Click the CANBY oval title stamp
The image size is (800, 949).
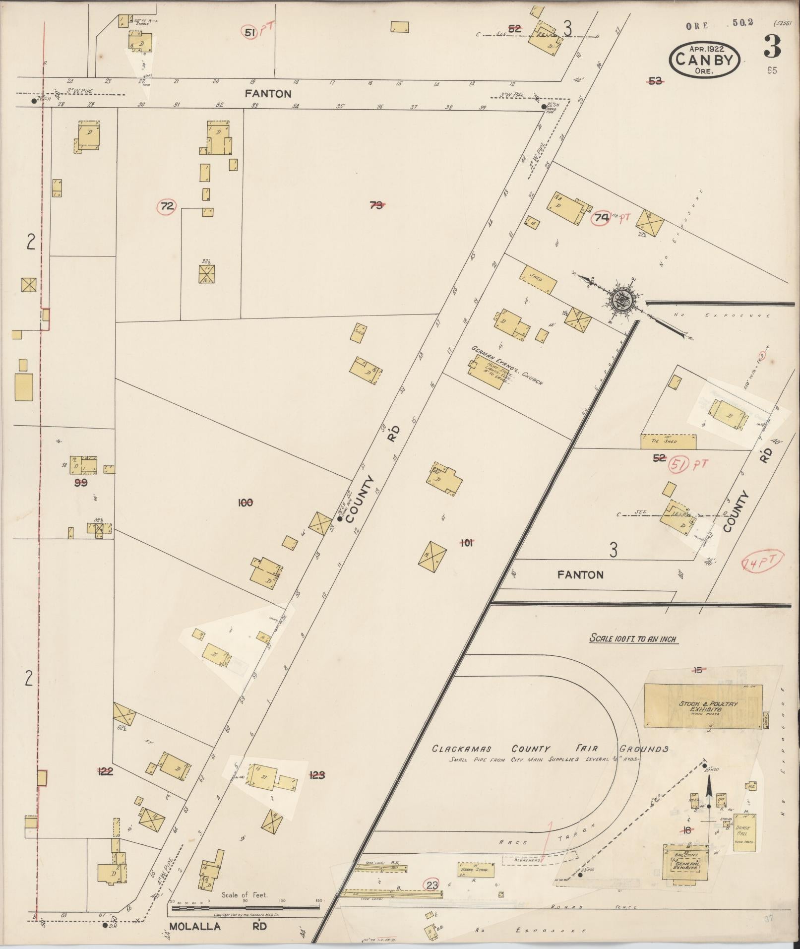(705, 59)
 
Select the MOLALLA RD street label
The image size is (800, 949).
(218, 926)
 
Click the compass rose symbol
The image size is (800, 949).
(621, 299)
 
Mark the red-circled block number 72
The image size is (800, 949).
(168, 206)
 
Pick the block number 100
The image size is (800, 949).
(246, 503)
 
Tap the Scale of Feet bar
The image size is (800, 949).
(246, 908)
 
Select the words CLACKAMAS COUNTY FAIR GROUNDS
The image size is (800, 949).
(550, 749)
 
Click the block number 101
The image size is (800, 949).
(466, 543)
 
